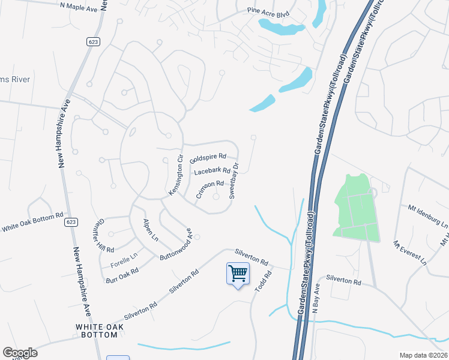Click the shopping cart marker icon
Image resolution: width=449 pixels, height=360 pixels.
coord(238,274)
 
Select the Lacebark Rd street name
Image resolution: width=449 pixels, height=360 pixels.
coord(212,172)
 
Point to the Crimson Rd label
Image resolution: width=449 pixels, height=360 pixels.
coord(209,190)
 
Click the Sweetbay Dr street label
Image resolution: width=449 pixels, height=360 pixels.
coord(235,181)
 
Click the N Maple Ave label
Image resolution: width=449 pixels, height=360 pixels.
coord(78,5)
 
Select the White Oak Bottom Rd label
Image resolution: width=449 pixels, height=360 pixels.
coord(32,222)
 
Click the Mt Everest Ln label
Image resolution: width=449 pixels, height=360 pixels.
coord(410,253)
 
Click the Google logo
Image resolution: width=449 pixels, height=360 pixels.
coord(20,353)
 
